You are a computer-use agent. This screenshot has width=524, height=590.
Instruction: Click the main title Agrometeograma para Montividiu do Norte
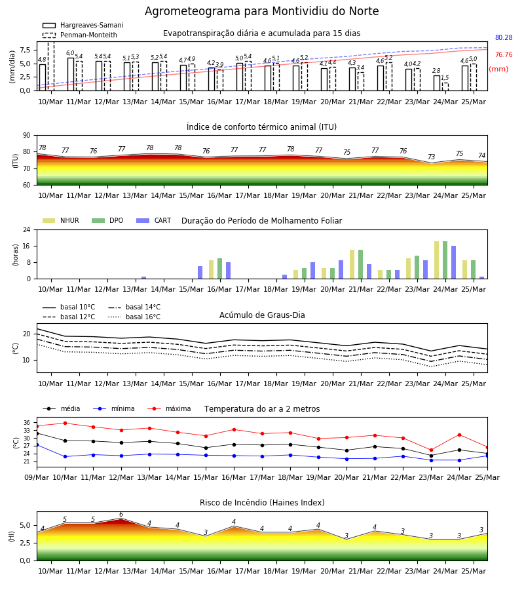pos(261,11)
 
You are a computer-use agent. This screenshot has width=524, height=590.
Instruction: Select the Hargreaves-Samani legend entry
pos(83,25)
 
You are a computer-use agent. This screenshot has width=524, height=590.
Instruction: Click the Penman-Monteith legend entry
pos(80,35)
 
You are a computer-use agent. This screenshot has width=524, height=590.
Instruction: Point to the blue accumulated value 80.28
pos(504,37)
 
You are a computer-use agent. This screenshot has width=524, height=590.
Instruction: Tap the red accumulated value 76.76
pos(504,54)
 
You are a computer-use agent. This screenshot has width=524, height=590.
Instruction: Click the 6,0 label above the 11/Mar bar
pos(70,53)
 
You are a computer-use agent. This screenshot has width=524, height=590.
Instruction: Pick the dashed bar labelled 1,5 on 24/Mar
pos(445,87)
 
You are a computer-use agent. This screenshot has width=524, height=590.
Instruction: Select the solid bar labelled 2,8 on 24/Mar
pos(437,83)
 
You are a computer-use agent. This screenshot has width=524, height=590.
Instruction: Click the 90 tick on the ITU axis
pos(26,136)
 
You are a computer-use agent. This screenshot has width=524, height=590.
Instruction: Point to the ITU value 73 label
pos(431,157)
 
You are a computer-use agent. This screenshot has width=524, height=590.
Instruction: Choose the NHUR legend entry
pos(61,220)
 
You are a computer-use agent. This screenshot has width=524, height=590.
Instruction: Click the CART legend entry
pos(154,220)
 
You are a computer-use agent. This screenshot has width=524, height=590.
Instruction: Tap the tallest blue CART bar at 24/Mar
pos(454,262)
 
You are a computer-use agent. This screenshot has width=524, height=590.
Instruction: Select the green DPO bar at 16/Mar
pos(219,269)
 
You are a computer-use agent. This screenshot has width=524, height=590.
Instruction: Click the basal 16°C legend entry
pos(134,317)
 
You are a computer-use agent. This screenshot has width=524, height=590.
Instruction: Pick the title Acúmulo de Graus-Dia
pos(262,315)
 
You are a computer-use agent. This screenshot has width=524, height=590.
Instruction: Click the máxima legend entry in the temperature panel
pos(169,408)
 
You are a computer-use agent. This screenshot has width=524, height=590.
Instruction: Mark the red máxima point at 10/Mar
pos(65,423)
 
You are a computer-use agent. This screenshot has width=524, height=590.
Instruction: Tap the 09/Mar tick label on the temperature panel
pos(37,477)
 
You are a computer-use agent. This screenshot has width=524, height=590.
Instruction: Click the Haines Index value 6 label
pos(121,515)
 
